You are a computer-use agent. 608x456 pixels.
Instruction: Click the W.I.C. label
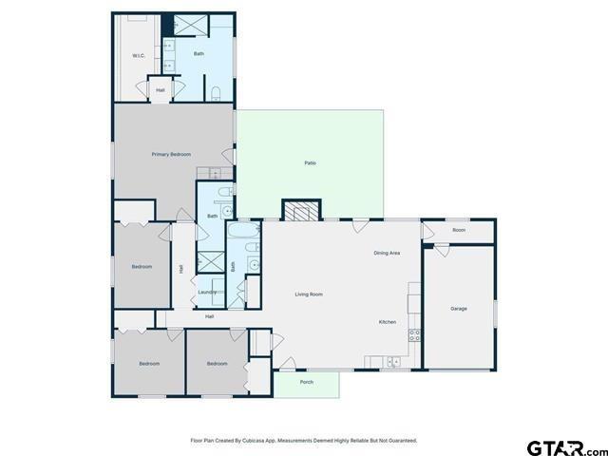(x=139, y=56)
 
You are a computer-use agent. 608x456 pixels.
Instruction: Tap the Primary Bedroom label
(x=171, y=154)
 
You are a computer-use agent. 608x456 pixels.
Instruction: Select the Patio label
(x=310, y=163)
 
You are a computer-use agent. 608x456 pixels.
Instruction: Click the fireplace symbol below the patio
(x=303, y=211)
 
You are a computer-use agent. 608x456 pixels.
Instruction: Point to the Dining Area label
(x=387, y=253)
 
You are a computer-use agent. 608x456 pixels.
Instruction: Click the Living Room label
(x=309, y=294)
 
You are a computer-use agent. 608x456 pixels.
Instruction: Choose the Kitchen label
(x=388, y=322)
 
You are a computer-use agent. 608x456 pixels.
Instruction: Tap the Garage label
(x=459, y=309)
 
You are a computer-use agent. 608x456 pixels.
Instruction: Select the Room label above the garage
(x=459, y=231)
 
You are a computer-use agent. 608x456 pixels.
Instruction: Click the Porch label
(x=306, y=382)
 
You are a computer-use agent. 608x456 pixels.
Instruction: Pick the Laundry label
(x=207, y=292)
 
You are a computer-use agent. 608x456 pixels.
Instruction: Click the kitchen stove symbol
(x=414, y=334)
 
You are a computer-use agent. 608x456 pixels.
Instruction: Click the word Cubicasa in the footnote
(x=251, y=441)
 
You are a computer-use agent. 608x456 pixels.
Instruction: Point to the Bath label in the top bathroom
(x=199, y=54)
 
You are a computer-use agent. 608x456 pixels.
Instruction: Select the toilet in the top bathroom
(x=217, y=93)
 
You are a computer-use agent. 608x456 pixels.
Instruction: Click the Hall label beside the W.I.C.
(x=161, y=90)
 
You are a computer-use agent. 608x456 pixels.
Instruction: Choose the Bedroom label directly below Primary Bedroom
(x=141, y=267)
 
